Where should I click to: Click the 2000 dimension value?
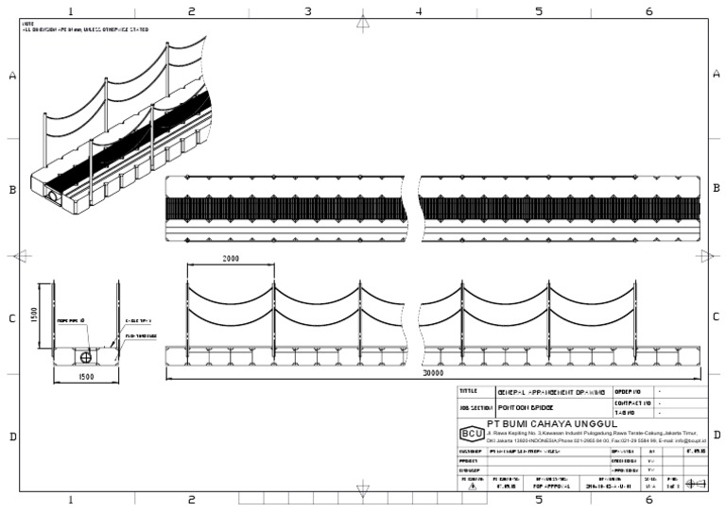pos(231,259)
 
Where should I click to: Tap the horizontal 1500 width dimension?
pos(85,376)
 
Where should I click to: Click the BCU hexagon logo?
pos(470,434)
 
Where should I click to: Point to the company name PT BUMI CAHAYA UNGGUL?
pos(551,423)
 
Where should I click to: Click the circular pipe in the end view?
pos(86,357)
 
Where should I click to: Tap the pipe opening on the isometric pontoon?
pos(51,197)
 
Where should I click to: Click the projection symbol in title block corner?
pos(695,483)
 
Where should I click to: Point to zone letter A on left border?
pos(12,76)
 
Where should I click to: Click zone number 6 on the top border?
pos(648,11)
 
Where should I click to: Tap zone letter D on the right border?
pos(716,436)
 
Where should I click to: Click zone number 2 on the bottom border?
pos(191,500)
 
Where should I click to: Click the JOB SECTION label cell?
pos(475,408)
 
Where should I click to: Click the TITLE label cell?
pos(469,391)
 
